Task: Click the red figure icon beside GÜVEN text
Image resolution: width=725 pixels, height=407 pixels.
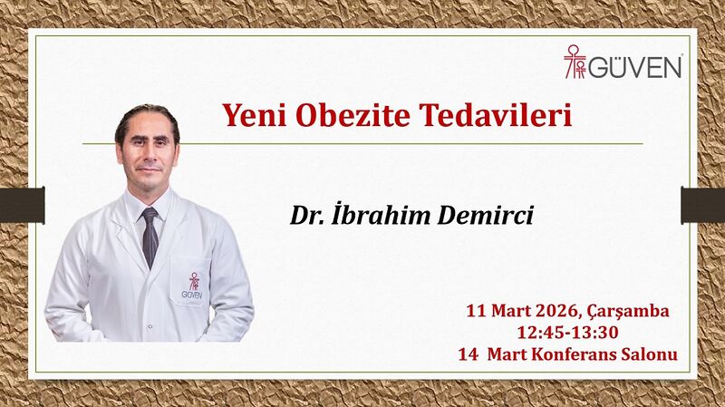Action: (x=575, y=63)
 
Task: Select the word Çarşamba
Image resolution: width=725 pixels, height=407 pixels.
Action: (x=631, y=312)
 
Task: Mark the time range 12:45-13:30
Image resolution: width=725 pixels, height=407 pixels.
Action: (x=568, y=333)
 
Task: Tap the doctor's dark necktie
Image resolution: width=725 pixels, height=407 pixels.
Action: (x=150, y=236)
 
